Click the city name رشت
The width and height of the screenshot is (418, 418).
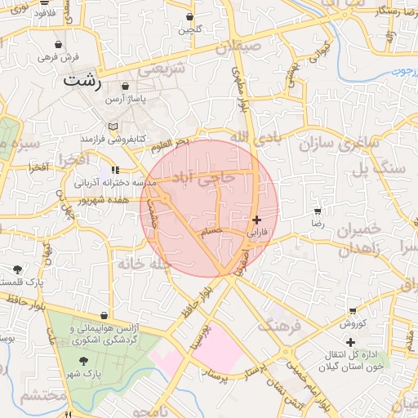coord(83,82)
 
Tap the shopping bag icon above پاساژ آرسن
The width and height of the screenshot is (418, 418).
coord(125,87)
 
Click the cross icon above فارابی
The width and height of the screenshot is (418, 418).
coord(257,220)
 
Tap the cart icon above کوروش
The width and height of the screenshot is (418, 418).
coord(352,311)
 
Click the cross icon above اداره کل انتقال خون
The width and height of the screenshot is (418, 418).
coord(350,342)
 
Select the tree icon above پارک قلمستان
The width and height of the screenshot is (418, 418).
coord(18,269)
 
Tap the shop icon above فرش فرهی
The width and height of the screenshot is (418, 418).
coord(58,44)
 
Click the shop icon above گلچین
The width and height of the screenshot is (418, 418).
coord(190,16)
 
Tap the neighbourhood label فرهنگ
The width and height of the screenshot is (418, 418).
coord(280,324)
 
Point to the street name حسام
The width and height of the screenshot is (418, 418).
coord(211,232)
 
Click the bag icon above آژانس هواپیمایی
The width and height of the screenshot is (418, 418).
coord(103,315)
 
